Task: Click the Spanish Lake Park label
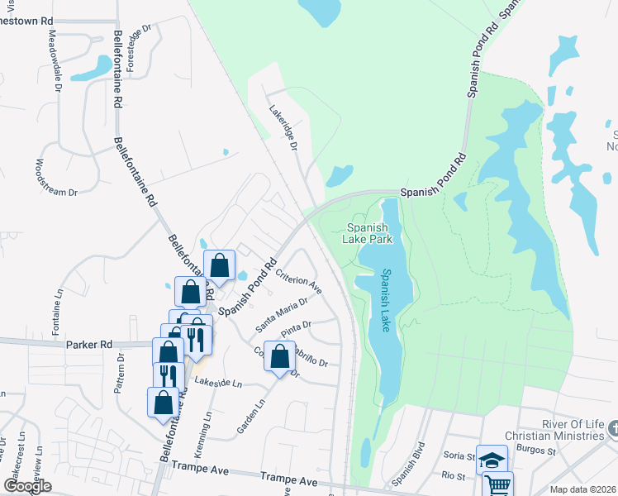pos(368,233)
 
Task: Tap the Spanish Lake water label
pos(386,301)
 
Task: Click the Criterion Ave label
pos(298,280)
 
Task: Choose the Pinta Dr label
pos(296,329)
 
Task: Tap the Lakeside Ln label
pos(218,383)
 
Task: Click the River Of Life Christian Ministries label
pos(559,430)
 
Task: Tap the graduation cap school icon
pos(492,460)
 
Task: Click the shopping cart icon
pos(497,485)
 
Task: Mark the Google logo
pos(27,486)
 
